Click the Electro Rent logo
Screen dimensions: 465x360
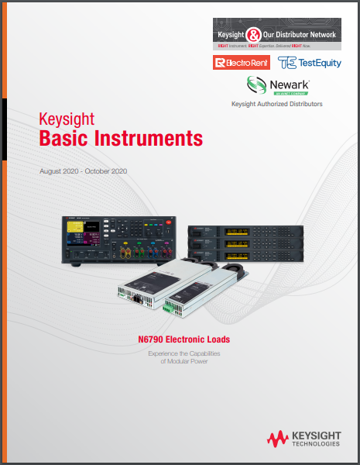[x=237, y=62]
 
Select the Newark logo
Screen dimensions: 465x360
[x=276, y=85]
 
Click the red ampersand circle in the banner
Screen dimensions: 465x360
[x=253, y=35]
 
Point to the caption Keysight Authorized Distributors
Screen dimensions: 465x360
[x=277, y=104]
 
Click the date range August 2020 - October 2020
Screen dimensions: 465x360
[x=83, y=170]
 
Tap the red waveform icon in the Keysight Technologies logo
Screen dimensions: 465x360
[x=278, y=439]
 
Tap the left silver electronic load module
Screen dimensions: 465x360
[x=155, y=288]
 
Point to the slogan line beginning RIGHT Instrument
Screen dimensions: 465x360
[x=276, y=46]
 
